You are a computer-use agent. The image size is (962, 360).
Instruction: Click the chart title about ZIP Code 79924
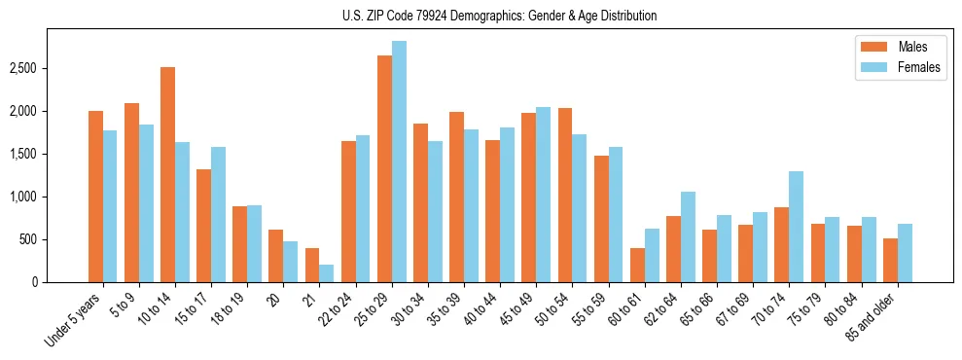click(x=500, y=16)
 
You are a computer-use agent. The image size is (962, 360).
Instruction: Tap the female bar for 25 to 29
click(x=399, y=162)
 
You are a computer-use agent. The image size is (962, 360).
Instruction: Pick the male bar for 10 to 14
click(x=167, y=175)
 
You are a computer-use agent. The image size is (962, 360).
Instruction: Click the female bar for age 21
click(x=327, y=273)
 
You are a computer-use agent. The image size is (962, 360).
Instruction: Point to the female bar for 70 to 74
click(x=796, y=227)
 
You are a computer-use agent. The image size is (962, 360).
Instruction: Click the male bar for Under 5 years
click(x=95, y=197)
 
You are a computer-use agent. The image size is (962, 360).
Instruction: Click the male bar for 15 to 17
click(x=203, y=226)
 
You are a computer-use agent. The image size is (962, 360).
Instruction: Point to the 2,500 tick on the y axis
click(x=22, y=69)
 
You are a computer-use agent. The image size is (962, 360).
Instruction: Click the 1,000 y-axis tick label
click(x=22, y=198)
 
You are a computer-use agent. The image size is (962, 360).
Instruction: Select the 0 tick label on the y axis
click(x=35, y=283)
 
